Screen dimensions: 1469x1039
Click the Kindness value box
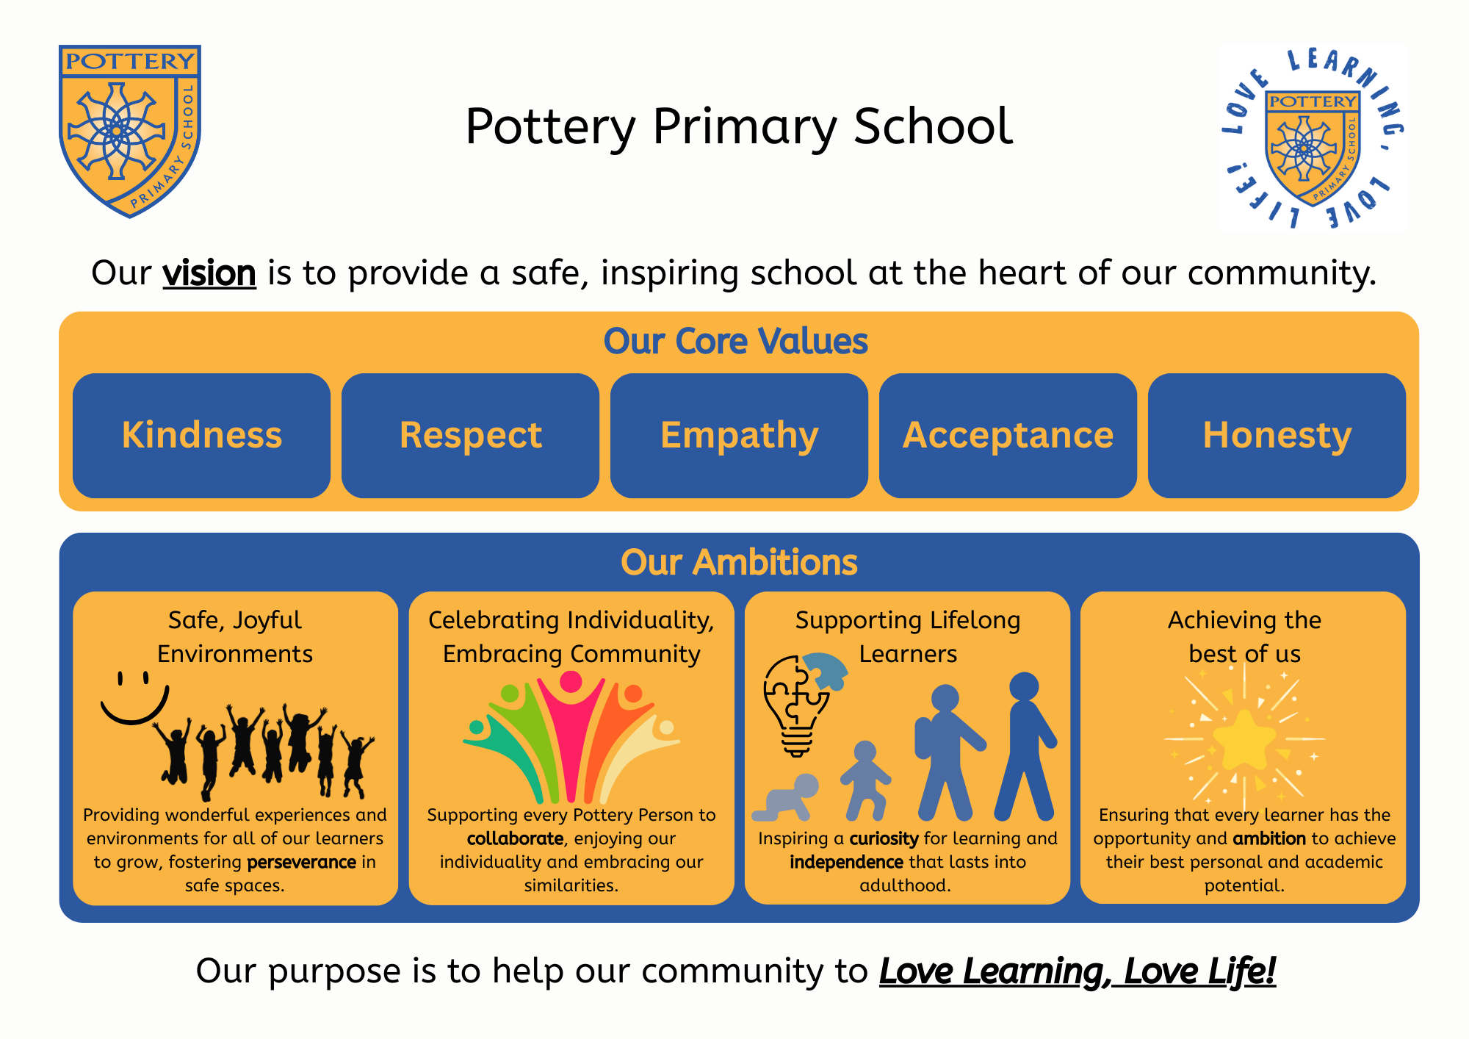click(202, 436)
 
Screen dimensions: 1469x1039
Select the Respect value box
click(471, 436)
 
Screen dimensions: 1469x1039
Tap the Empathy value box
click(740, 436)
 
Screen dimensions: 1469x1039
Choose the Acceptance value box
click(1008, 436)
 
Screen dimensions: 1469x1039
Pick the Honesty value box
click(1277, 436)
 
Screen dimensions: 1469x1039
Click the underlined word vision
click(209, 273)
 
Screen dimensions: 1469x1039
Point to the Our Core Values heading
click(736, 341)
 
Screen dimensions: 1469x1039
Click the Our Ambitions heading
click(740, 562)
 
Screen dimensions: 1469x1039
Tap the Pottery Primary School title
click(739, 126)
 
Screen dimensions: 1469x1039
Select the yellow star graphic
click(1244, 739)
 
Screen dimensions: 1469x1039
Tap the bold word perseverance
click(302, 862)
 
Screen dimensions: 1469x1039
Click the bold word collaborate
click(516, 838)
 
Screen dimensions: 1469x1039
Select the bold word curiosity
click(884, 839)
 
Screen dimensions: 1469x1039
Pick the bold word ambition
click(1269, 838)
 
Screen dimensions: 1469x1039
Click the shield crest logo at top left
click(130, 131)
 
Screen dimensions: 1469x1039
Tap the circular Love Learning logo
click(1313, 139)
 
